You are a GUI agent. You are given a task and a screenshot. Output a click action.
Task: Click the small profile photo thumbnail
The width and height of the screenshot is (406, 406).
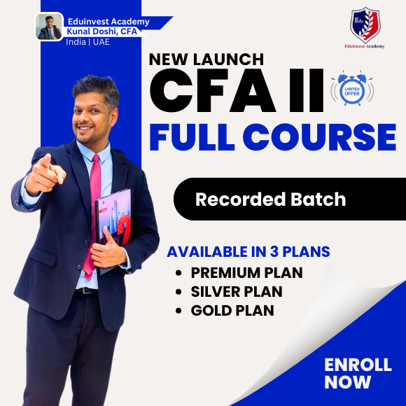pos(49,27)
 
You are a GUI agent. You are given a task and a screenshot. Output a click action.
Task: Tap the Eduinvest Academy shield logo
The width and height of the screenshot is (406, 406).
pos(365,25)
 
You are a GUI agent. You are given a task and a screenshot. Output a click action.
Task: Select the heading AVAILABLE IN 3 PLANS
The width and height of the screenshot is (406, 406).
pos(248,251)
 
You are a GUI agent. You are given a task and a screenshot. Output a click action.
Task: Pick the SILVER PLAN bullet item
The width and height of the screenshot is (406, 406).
pos(238,292)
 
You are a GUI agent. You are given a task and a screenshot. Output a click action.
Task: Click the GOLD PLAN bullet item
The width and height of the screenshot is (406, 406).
pos(232,310)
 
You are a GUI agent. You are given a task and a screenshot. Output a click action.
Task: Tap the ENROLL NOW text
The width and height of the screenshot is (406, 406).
pos(348,373)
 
